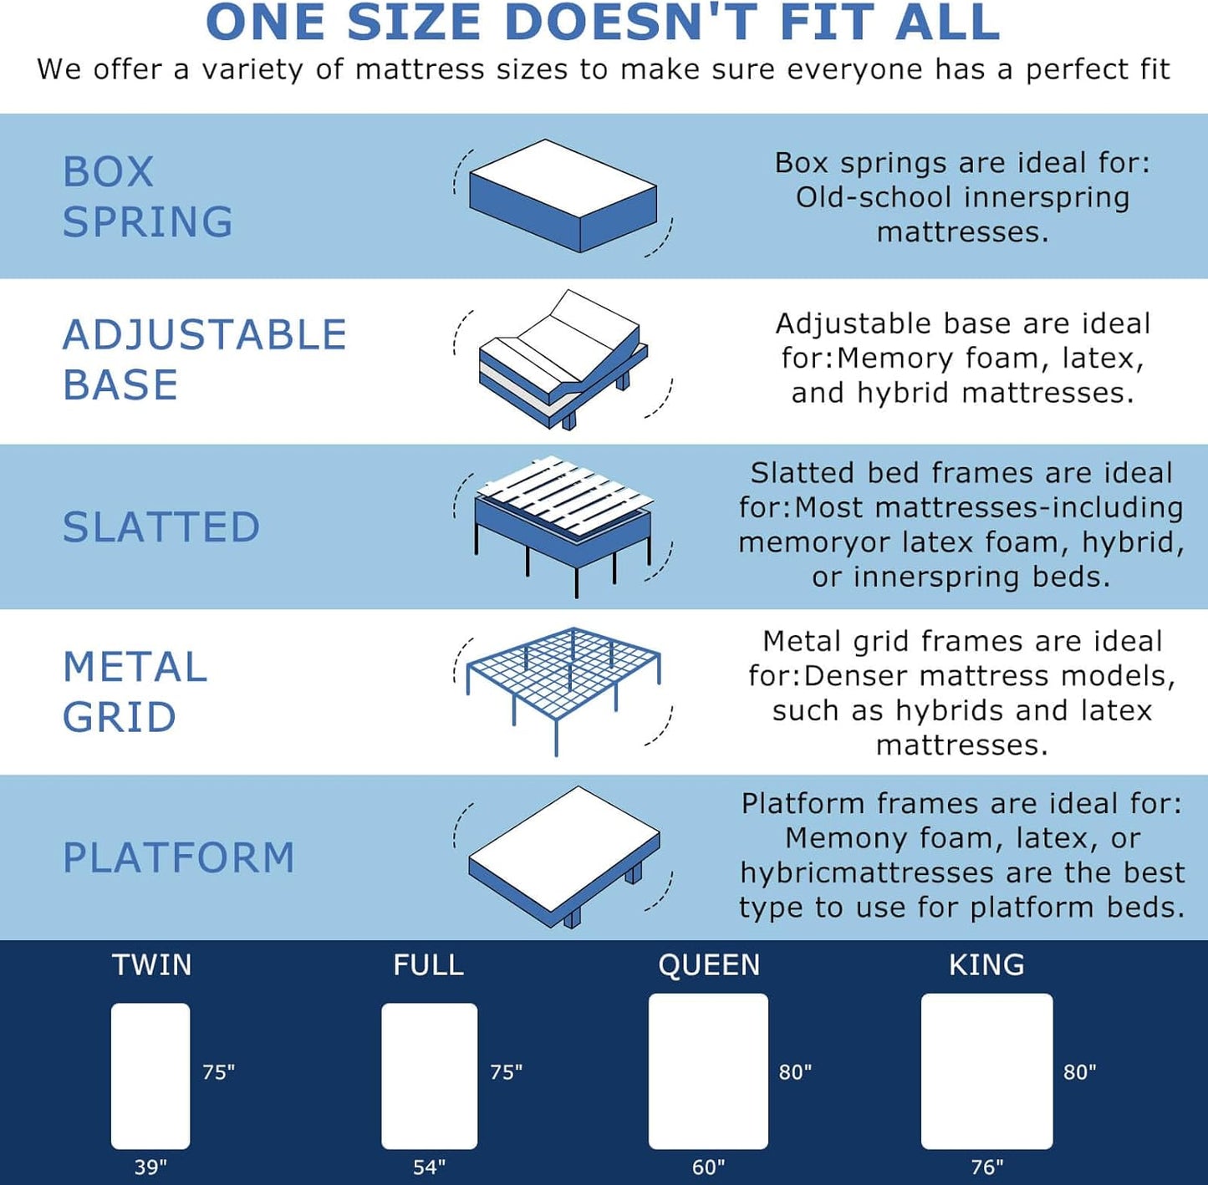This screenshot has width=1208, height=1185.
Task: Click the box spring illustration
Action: click(x=563, y=196)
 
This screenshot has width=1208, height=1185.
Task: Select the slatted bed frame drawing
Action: click(x=563, y=521)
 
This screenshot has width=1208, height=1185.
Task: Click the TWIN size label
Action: click(x=152, y=965)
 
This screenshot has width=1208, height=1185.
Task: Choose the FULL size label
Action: click(x=429, y=965)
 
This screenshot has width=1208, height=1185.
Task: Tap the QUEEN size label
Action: click(x=709, y=965)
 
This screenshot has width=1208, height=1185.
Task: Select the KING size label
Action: click(x=986, y=965)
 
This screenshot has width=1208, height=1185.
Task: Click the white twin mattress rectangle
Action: click(x=150, y=1076)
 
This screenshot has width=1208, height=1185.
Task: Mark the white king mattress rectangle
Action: click(x=986, y=1071)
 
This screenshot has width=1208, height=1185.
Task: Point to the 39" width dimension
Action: click(x=150, y=1167)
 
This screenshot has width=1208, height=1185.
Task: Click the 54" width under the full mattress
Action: click(x=429, y=1167)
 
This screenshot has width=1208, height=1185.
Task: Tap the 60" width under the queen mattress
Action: click(x=708, y=1167)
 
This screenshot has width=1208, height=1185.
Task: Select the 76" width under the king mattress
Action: click(x=986, y=1167)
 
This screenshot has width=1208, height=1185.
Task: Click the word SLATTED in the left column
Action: click(x=161, y=527)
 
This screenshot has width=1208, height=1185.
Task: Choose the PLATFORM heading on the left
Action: click(x=179, y=858)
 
